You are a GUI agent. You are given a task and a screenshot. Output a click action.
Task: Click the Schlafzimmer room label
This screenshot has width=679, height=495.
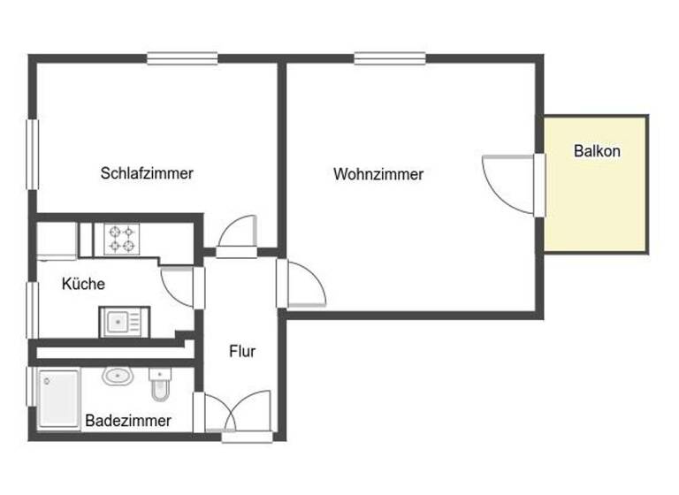tap(147, 173)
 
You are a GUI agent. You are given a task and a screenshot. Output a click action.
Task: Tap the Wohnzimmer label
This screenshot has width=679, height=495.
tap(378, 174)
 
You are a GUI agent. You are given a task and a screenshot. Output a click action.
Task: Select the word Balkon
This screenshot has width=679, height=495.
tap(597, 151)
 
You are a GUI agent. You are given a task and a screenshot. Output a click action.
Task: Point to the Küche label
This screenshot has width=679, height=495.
tap(83, 284)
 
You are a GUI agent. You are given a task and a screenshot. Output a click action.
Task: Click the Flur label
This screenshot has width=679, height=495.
tap(242, 351)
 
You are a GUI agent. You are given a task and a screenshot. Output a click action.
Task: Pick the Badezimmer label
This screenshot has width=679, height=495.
tap(128, 421)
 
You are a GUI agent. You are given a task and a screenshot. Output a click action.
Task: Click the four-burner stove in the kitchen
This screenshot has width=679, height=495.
tap(121, 239)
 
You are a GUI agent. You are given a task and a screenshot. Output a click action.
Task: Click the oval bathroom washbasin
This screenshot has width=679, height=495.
tap(117, 377)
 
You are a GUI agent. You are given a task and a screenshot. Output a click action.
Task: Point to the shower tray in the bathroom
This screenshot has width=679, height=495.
tap(58, 400)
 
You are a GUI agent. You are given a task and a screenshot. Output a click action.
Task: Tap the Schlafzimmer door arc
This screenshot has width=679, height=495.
tap(237, 233)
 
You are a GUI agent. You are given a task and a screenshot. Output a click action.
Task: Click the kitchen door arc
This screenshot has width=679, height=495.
tap(179, 286)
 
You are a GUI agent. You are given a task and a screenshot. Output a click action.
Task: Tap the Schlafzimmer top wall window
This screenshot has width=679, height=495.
tap(182, 59)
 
